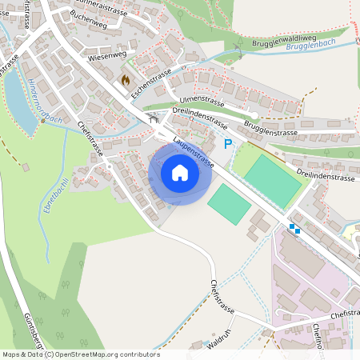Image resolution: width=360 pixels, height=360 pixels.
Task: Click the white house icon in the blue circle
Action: tap(180, 172)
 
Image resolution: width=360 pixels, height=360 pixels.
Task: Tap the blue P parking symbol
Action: tap(228, 144)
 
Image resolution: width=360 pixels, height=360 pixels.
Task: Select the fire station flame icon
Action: tap(125, 80)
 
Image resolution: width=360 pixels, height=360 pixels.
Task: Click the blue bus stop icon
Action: tap(294, 228)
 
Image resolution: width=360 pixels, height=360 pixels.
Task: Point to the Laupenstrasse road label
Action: tap(194, 153)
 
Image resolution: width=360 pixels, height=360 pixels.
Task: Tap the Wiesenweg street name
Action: tap(108, 58)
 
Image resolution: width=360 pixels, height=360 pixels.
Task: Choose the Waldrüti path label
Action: tap(219, 340)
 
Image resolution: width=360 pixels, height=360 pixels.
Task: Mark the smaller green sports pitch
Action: tap(229, 204)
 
